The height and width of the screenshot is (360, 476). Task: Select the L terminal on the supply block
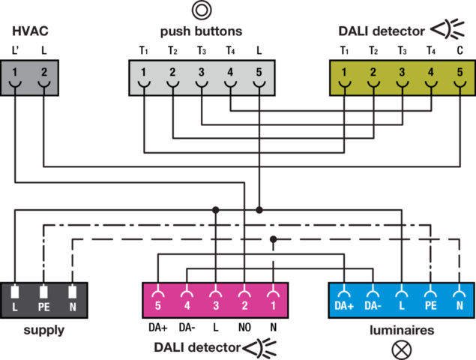point(15,299)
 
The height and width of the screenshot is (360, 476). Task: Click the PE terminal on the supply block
point(43,299)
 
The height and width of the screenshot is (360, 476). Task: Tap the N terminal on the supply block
point(72,299)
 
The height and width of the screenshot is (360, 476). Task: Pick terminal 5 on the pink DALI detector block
point(158,299)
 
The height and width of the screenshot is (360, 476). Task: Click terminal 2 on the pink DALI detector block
point(244,299)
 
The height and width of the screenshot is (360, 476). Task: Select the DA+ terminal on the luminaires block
point(345,299)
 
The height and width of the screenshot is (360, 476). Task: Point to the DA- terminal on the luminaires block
point(373,299)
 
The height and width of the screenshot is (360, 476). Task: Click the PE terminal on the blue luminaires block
point(431,299)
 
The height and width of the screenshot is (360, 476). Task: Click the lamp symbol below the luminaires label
point(403,348)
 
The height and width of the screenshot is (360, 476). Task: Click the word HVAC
point(29,31)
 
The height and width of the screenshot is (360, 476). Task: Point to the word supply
point(43,331)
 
